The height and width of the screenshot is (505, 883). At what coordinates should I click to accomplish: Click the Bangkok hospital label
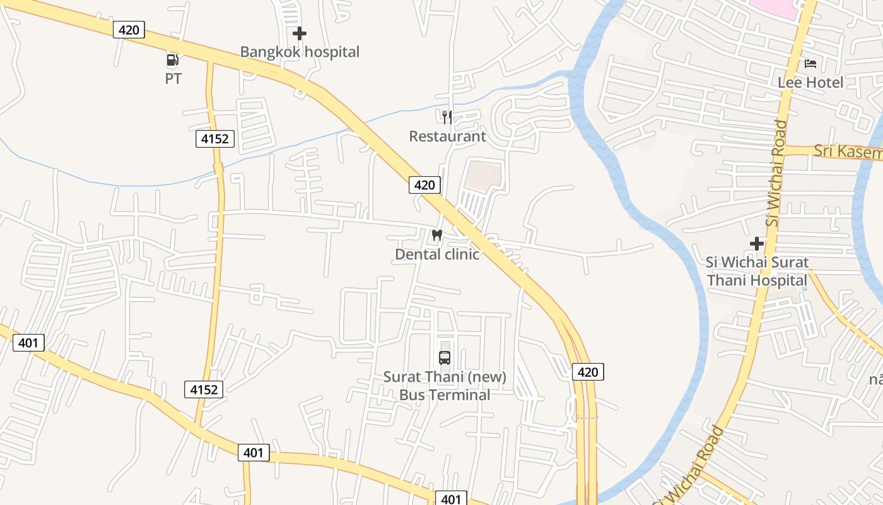[300, 52]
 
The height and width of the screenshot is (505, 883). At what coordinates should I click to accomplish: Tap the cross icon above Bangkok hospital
[300, 33]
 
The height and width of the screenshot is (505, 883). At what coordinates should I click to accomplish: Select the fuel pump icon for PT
[172, 60]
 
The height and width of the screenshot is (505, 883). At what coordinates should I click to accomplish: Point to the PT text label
[173, 79]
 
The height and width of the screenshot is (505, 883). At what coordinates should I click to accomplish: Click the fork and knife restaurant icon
[447, 117]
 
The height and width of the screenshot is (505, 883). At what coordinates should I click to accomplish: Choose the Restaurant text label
[447, 136]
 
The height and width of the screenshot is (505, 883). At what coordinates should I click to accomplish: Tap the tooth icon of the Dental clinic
[436, 235]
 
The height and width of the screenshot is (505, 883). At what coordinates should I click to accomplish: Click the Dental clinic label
[437, 254]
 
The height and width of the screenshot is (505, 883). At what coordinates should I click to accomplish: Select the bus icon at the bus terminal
[445, 358]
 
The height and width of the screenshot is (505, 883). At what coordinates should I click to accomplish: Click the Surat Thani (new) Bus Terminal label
[445, 386]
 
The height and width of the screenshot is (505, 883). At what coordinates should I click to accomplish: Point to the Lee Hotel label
[810, 82]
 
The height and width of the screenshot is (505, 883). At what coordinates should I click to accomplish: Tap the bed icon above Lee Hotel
[810, 63]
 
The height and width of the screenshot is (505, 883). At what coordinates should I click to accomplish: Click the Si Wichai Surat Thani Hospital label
[757, 271]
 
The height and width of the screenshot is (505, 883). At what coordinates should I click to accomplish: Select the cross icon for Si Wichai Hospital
[757, 244]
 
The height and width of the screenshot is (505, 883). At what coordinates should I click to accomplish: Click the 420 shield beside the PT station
[129, 30]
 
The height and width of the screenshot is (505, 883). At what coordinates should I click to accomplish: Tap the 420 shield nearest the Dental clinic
[424, 185]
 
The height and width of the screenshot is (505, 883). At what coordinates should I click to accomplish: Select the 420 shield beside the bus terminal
[588, 372]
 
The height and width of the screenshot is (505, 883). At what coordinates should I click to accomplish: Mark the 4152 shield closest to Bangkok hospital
[215, 139]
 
